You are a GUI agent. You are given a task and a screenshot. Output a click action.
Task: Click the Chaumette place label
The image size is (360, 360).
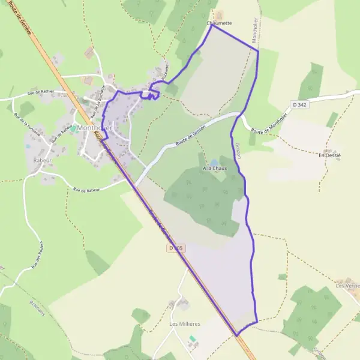point(219,23)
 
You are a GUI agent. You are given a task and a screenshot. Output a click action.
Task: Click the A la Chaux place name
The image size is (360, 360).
point(214,169)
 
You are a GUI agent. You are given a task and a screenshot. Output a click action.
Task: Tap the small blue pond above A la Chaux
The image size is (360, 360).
point(214,162)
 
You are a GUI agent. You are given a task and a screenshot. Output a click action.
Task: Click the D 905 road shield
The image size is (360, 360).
point(175,247)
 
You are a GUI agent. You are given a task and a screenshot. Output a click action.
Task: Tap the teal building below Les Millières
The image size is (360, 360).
point(192,339)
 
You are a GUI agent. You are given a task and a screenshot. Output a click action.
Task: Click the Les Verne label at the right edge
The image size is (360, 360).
point(348,286)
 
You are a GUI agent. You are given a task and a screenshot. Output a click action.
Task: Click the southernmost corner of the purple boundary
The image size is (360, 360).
point(238,335)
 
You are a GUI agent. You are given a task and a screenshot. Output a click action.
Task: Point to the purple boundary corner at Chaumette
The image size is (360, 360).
point(211,25)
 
